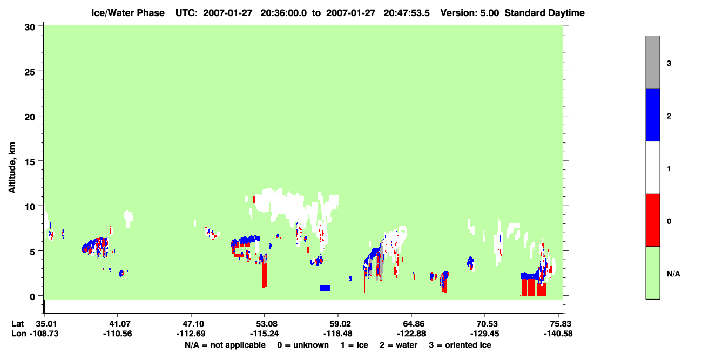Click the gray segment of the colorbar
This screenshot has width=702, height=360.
pyautogui.click(x=652, y=62)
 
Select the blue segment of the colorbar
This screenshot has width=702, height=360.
pyautogui.click(x=652, y=115)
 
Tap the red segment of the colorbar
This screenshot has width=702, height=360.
pyautogui.click(x=652, y=220)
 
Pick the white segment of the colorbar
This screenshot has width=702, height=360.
pyautogui.click(x=652, y=168)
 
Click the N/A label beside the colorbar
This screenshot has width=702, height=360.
pyautogui.click(x=673, y=274)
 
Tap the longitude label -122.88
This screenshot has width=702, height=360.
pyautogui.click(x=411, y=334)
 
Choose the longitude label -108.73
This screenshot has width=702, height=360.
pyautogui.click(x=44, y=334)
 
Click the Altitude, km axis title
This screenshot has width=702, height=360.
pyautogui.click(x=12, y=168)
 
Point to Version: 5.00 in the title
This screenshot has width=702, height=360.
pyautogui.click(x=470, y=13)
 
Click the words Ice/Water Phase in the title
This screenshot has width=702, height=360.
pyautogui.click(x=128, y=13)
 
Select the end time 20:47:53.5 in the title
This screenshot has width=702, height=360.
pyautogui.click(x=407, y=13)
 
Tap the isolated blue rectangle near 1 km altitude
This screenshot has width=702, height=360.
pyautogui.click(x=325, y=288)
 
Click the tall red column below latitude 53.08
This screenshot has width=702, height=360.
pyautogui.click(x=265, y=275)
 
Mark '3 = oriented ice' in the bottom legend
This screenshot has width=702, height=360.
pyautogui.click(x=460, y=345)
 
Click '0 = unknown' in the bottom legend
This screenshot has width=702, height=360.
pyautogui.click(x=303, y=345)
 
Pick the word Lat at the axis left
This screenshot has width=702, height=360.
pyautogui.click(x=17, y=324)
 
